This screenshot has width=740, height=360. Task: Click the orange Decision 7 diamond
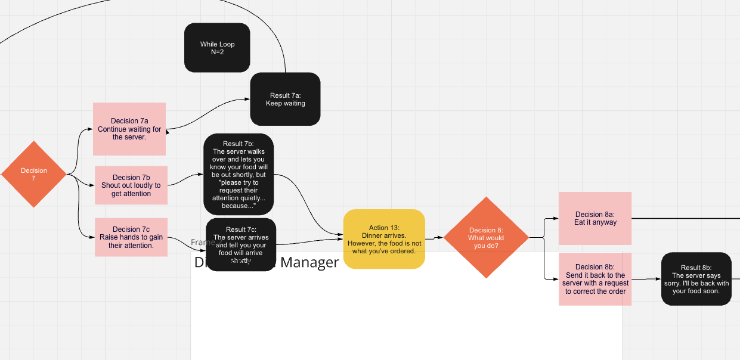(34, 174)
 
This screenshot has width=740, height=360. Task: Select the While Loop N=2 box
(217, 48)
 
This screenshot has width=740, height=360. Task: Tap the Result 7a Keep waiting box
(285, 99)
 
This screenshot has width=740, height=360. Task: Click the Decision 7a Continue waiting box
(129, 129)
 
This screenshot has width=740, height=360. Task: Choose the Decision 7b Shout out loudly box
(131, 185)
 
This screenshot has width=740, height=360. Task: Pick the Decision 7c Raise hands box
(131, 237)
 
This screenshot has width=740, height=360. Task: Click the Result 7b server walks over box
(239, 174)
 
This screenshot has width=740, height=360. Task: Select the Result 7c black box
(241, 244)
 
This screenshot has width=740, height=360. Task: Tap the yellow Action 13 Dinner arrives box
(384, 239)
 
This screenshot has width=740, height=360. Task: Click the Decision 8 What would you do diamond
(486, 237)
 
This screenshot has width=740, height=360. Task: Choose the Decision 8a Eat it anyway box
(595, 218)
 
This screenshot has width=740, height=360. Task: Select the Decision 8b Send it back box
(595, 279)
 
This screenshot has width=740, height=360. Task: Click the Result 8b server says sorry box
(696, 279)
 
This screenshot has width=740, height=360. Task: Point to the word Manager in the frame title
(309, 262)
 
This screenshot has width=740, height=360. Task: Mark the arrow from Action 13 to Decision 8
(434, 238)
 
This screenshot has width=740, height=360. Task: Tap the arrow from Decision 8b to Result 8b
(646, 279)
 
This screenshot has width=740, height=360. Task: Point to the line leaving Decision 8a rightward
(686, 218)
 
